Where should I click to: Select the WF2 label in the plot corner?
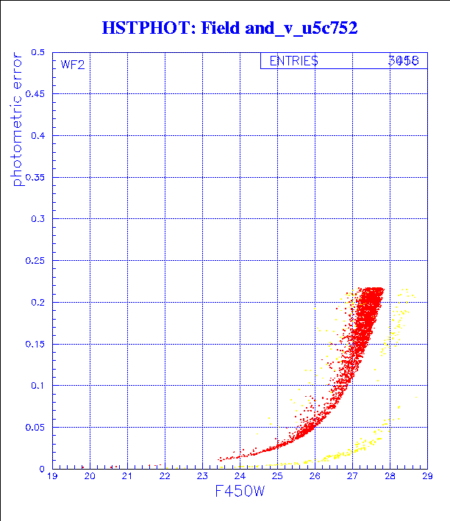click(x=72, y=65)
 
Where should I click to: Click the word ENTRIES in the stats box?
click(x=293, y=62)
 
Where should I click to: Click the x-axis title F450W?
click(x=240, y=492)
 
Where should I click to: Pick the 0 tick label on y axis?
click(x=43, y=468)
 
